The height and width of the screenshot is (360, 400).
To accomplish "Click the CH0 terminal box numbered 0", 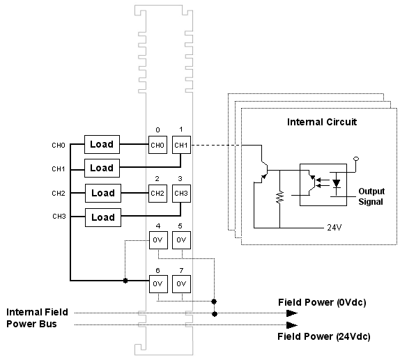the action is click(x=157, y=145).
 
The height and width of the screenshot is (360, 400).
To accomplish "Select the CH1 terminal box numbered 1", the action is click(x=181, y=145).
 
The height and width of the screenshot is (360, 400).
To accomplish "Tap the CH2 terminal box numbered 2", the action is click(x=157, y=194).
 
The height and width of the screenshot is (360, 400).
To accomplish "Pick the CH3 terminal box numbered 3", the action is click(x=181, y=194).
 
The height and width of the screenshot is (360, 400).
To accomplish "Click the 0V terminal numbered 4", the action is click(x=158, y=240).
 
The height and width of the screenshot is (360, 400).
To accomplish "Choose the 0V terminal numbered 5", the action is click(x=181, y=240).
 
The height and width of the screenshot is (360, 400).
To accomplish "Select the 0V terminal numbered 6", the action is click(x=158, y=284).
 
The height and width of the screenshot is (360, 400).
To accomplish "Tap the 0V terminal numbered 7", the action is click(x=181, y=284).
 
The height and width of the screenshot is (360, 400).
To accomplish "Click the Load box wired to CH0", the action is click(x=102, y=144).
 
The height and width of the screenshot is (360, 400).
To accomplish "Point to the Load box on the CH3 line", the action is click(x=103, y=217).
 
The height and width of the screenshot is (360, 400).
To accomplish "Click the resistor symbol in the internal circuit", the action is click(x=280, y=197).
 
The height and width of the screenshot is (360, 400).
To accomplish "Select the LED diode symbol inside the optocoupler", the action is click(x=337, y=183).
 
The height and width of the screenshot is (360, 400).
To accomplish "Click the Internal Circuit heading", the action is click(x=322, y=122).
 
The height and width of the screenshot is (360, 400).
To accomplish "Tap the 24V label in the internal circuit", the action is click(x=334, y=228).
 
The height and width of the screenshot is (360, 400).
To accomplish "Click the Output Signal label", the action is click(x=371, y=196).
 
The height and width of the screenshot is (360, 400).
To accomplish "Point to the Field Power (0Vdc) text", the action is click(x=322, y=302).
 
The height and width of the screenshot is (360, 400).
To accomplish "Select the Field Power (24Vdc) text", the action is click(x=324, y=336).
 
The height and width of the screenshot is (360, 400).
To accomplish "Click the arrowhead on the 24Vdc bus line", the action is click(x=292, y=325).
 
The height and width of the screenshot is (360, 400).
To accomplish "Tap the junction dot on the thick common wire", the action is click(x=125, y=281).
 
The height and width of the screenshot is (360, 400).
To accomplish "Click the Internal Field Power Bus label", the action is click(x=37, y=318).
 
